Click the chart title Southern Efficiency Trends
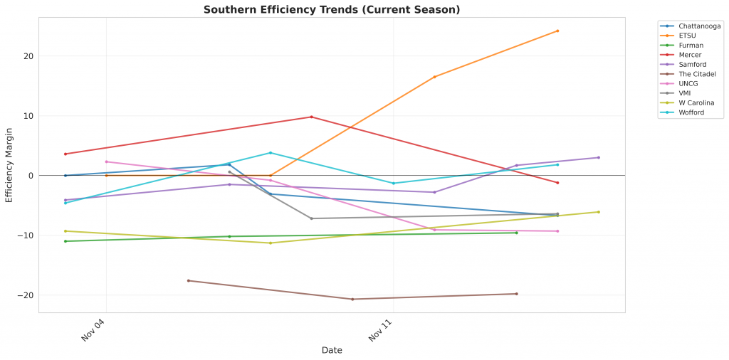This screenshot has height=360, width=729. [x=332, y=10]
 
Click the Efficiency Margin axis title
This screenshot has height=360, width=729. [x=9, y=164]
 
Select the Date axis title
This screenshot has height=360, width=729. [x=332, y=350]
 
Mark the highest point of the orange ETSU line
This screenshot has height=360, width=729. [x=557, y=31]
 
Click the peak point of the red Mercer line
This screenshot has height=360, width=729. [x=311, y=117]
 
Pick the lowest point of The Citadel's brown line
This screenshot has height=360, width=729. [x=352, y=299]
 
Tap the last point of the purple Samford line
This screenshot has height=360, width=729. [x=598, y=157]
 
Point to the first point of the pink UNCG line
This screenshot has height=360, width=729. [x=106, y=162]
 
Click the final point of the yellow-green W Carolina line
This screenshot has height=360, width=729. [x=598, y=211]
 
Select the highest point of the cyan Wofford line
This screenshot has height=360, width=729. [x=270, y=152]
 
